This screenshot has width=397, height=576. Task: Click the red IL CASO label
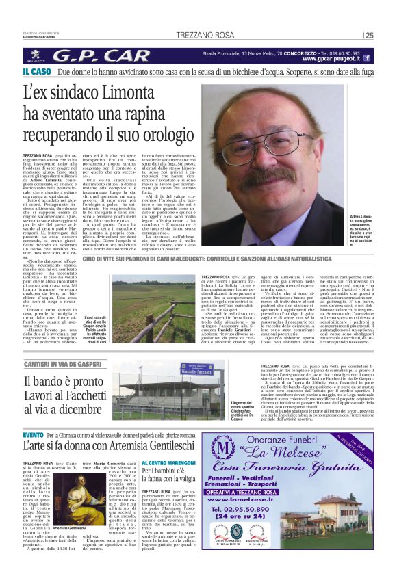[x=36, y=71]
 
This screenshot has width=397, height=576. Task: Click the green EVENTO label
[x=33, y=436]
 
